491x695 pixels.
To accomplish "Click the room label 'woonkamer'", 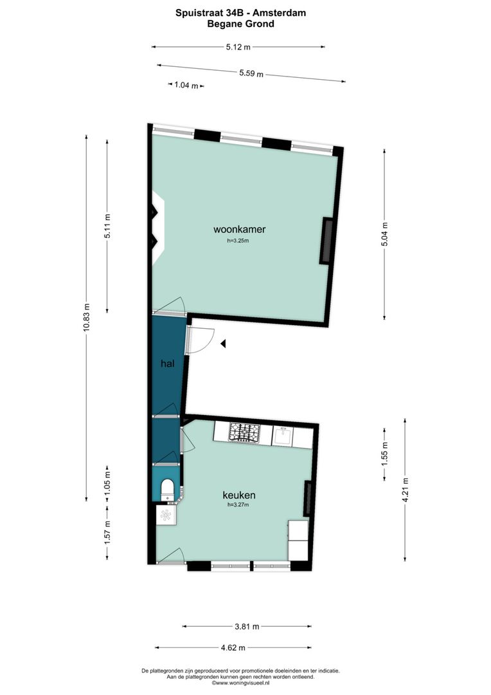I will [240, 229].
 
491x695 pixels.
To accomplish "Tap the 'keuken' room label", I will [239, 495].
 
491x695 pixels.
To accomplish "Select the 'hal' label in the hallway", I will [167, 364].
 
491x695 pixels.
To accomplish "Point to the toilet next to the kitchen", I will [168, 488].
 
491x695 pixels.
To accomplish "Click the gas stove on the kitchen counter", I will [245, 432].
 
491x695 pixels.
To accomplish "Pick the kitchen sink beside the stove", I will [283, 436].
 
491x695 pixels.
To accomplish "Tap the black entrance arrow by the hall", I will [223, 344].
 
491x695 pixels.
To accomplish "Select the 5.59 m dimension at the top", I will [251, 73].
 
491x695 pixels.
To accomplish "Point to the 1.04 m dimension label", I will [185, 86].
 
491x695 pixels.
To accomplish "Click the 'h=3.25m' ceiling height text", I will [238, 241].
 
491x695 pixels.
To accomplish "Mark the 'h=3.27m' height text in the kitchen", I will [238, 505].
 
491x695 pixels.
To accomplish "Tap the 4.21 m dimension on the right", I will [405, 489].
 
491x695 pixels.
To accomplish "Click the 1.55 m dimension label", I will [384, 454].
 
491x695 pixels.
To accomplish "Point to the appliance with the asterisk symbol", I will [166, 514].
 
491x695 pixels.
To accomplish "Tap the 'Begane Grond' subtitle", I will [240, 24].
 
